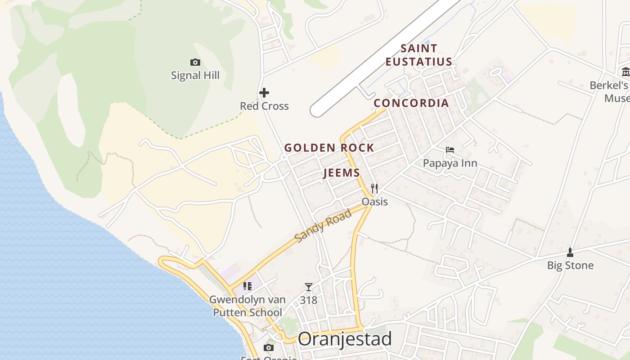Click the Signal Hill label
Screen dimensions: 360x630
[195, 75]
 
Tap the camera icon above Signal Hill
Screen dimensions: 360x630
[195, 62]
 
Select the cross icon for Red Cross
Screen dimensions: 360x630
[264, 93]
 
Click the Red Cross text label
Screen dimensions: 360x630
[264, 106]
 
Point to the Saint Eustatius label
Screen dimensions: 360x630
[418, 55]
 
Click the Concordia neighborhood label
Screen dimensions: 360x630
[411, 103]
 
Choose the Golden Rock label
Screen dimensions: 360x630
[329, 148]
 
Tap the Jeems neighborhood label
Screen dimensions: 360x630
[342, 173]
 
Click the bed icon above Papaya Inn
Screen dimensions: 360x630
[450, 150]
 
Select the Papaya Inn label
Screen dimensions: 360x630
[450, 163]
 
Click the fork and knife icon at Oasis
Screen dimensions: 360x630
[374, 188]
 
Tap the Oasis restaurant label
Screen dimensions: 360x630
[375, 201]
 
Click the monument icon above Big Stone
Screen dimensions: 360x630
[570, 252]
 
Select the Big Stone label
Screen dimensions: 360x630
[570, 265]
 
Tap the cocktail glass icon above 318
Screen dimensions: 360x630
[308, 287]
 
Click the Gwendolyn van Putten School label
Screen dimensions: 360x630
[247, 306]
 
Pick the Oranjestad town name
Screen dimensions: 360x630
[345, 339]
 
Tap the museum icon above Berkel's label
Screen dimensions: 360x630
[625, 72]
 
